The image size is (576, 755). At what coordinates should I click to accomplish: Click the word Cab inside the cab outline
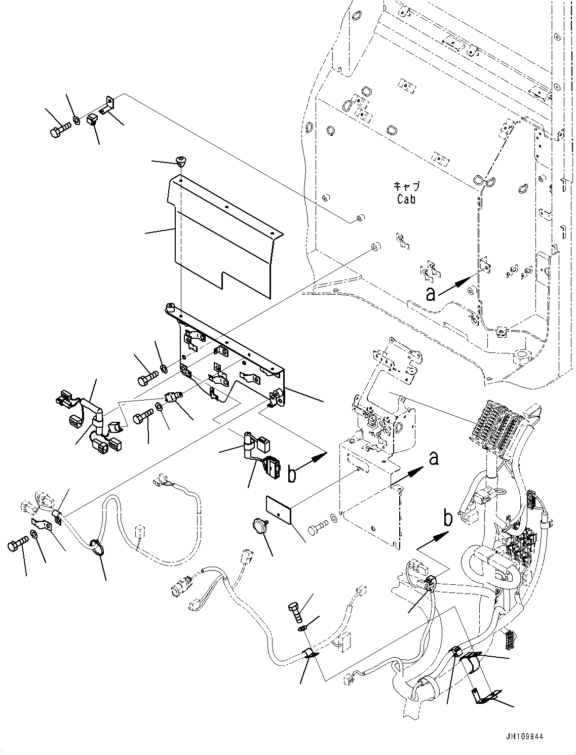406,199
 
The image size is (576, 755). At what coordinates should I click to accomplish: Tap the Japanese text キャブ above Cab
407,187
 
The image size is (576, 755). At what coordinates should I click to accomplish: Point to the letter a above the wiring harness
434,458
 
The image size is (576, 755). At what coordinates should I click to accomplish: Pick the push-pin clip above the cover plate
180,161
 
